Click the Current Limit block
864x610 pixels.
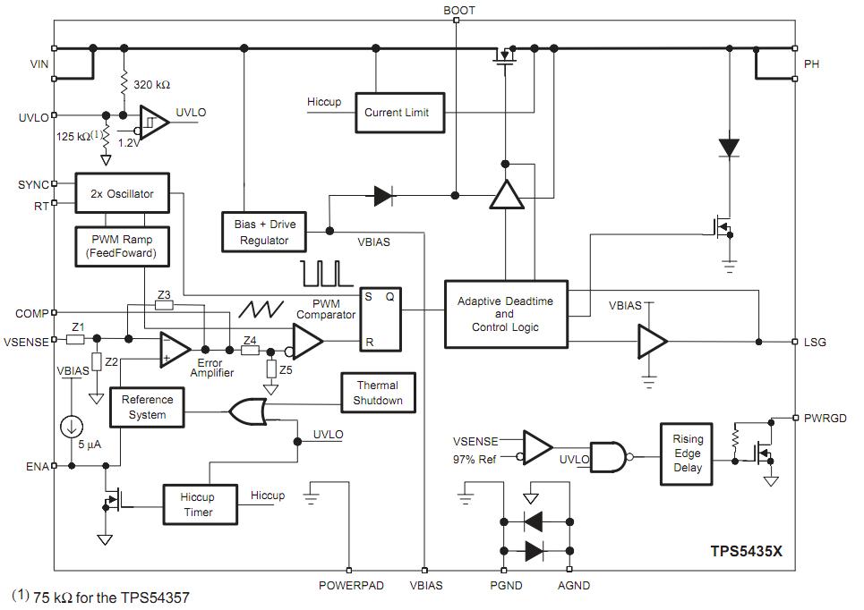[397, 113]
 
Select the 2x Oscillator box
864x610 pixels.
[122, 193]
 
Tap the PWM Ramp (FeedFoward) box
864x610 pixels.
[122, 247]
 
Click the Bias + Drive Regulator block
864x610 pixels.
[264, 232]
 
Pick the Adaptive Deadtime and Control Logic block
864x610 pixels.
[505, 314]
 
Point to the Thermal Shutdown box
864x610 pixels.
[378, 393]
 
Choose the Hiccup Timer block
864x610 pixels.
[198, 504]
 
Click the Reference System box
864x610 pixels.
[147, 407]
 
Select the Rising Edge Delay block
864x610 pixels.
[688, 453]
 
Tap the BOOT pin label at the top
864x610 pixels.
[459, 11]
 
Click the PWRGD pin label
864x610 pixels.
[823, 417]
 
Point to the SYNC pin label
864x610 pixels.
[34, 184]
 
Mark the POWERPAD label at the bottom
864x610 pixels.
[351, 586]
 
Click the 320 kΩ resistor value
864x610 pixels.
[151, 85]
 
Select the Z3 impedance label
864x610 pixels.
[163, 294]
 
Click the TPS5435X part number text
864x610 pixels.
[746, 552]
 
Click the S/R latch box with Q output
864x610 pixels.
[381, 319]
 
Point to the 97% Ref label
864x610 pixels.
[476, 460]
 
